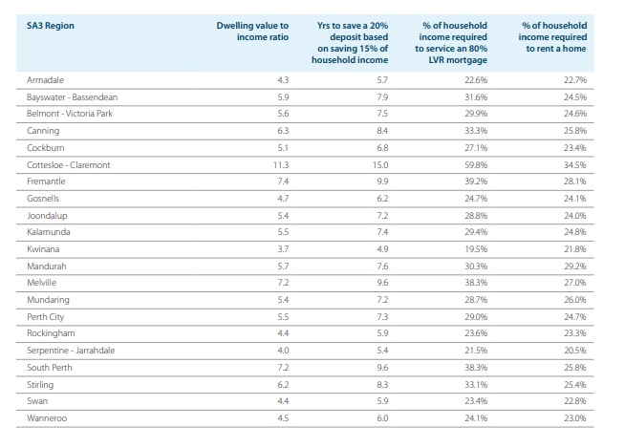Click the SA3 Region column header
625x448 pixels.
tap(51, 26)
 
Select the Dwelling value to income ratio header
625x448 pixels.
tap(252, 32)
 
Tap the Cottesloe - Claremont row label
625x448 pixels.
tap(68, 165)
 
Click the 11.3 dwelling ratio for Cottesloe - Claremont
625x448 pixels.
tap(281, 165)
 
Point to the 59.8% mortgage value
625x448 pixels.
tap(476, 165)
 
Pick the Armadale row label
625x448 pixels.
tap(45, 80)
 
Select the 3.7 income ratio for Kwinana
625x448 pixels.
tap(283, 249)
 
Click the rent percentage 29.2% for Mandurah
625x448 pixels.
tap(575, 267)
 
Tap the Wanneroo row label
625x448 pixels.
tap(47, 418)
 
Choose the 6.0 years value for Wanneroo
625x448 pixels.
tap(382, 418)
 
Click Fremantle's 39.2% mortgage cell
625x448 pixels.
tap(476, 181)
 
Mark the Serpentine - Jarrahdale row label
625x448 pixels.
tap(71, 351)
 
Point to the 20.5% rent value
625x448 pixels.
tap(575, 351)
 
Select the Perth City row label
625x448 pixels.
tap(46, 317)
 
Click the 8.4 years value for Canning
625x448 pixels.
tap(382, 131)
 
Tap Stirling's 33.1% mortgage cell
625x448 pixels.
tap(476, 385)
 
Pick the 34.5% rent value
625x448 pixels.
tap(575, 165)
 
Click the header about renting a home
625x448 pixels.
tap(552, 37)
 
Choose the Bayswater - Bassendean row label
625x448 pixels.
tap(72, 97)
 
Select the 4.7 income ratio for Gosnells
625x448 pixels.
tap(283, 199)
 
